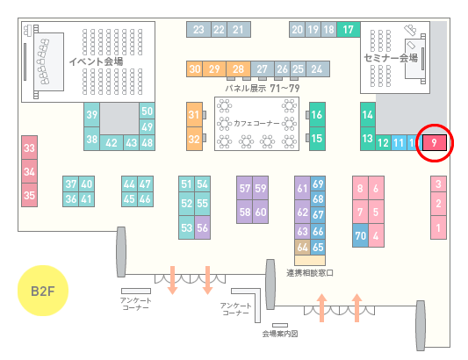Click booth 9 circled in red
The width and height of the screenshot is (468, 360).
click(435, 143)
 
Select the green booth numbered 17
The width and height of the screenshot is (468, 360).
click(349, 29)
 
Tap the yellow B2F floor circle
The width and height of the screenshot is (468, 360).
click(43, 291)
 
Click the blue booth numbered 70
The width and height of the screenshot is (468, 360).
click(360, 235)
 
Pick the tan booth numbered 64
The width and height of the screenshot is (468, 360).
click(302, 247)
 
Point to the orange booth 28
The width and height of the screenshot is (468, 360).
click(238, 69)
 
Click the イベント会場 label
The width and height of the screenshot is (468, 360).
click(96, 61)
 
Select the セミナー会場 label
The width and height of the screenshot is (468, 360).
click(391, 58)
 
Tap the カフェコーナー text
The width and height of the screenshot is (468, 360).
click(256, 123)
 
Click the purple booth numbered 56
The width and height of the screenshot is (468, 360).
click(202, 227)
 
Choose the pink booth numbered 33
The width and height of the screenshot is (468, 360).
click(29, 148)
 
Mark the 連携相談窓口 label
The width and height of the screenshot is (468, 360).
click(310, 273)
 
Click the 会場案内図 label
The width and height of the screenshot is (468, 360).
click(280, 334)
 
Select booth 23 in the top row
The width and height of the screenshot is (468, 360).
click(198, 29)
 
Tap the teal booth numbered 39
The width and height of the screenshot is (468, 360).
click(92, 115)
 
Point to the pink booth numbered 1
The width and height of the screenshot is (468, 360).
click(438, 227)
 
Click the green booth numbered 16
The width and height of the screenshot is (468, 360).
click(317, 115)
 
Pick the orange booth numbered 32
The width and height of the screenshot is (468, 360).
click(194, 139)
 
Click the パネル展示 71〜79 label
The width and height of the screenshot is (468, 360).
click(263, 89)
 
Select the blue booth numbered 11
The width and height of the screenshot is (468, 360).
click(399, 143)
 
